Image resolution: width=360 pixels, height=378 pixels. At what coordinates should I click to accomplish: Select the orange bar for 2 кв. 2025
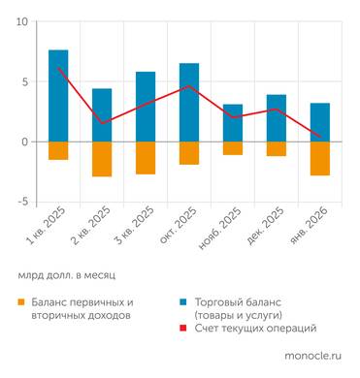[102, 159]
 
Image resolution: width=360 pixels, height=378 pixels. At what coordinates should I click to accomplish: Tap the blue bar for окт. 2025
[189, 102]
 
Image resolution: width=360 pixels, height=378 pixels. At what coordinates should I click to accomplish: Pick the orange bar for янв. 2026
[320, 158]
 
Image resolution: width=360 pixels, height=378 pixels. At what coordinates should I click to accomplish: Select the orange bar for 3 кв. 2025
[146, 157]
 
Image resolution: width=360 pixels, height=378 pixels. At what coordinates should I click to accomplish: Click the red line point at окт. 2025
[189, 86]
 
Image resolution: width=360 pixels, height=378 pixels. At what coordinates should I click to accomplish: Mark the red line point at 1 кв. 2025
[58, 68]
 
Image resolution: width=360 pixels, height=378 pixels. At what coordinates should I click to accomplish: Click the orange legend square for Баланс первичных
[21, 301]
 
